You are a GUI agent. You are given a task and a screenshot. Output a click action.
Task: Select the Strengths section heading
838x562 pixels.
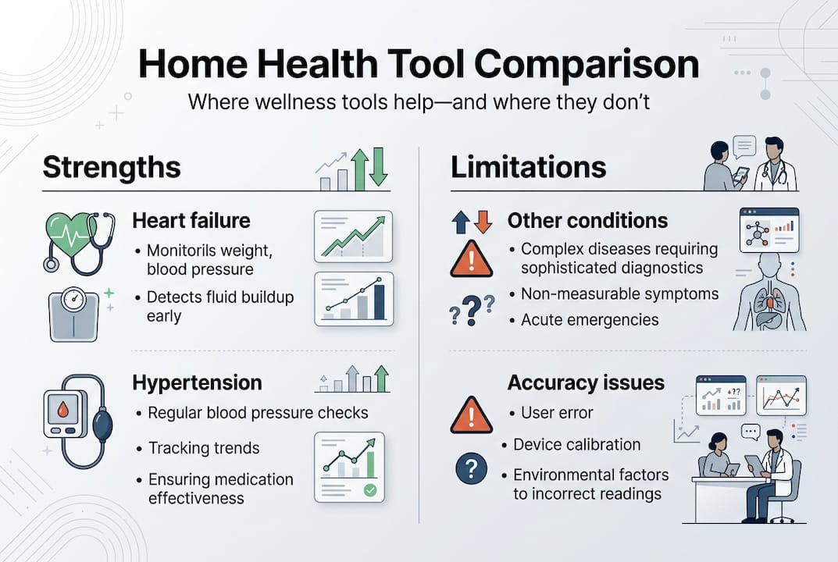click(x=111, y=167)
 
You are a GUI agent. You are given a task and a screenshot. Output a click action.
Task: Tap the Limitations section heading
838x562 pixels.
click(x=528, y=167)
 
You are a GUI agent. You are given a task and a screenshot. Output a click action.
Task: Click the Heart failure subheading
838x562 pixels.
click(x=191, y=221)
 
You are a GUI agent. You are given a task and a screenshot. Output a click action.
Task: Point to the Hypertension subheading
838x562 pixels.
click(x=197, y=383)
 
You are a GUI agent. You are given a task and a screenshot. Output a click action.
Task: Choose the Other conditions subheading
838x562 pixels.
click(x=587, y=221)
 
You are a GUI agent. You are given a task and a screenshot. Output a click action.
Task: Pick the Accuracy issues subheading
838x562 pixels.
click(x=586, y=383)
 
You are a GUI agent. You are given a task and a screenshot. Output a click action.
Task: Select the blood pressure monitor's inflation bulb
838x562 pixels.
click(x=102, y=427)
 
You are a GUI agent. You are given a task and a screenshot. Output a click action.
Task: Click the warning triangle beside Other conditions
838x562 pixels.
click(x=471, y=260)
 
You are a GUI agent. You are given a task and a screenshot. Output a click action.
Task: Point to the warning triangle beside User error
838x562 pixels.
click(x=471, y=415)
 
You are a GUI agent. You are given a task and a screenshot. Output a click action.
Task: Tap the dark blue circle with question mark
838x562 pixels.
click(x=471, y=469)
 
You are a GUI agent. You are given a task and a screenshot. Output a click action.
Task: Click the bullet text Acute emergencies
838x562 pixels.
click(x=590, y=319)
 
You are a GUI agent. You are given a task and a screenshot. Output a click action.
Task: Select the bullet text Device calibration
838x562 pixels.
click(x=576, y=444)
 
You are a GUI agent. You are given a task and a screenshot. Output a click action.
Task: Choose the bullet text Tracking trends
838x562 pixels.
click(x=203, y=448)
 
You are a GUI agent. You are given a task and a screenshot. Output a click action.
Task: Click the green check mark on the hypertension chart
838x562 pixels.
click(x=370, y=490)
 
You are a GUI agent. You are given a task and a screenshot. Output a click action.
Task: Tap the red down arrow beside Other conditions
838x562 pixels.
click(x=483, y=222)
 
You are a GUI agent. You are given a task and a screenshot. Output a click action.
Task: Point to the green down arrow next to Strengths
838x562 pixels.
click(x=379, y=167)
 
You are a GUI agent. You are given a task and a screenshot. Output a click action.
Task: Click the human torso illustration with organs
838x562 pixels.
click(x=769, y=295)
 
